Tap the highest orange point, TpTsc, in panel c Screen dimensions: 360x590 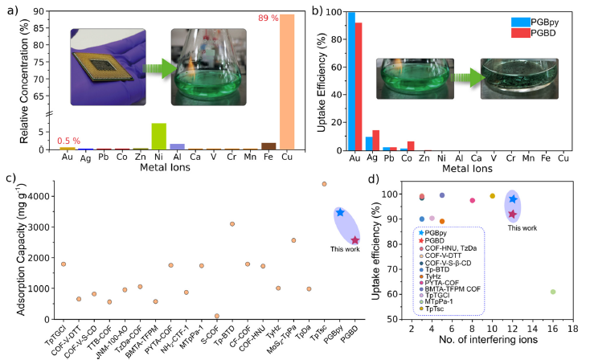click(x=325, y=184)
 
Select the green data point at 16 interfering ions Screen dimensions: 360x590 click(x=552, y=292)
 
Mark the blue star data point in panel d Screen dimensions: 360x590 click(x=513, y=199)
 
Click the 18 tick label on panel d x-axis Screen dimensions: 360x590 click(x=572, y=329)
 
